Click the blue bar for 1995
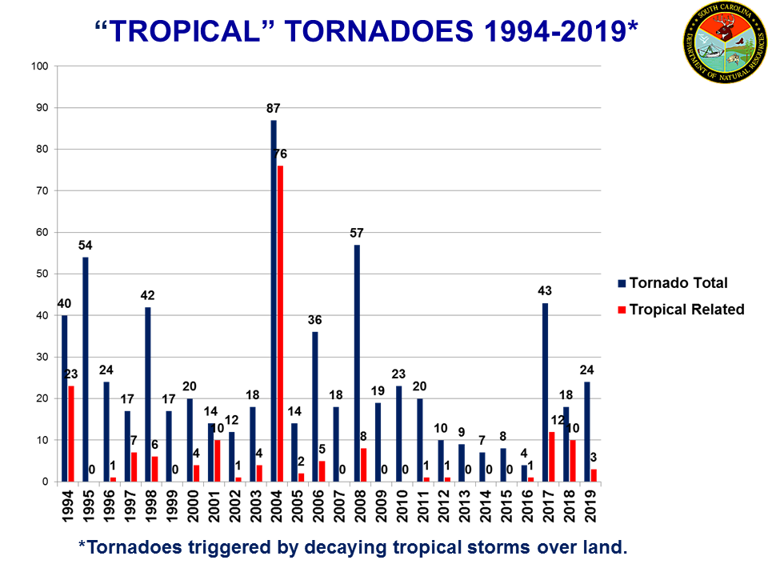click(x=86, y=369)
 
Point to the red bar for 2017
click(x=553, y=457)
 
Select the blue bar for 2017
click(x=546, y=392)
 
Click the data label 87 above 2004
click(x=274, y=108)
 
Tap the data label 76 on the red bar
click(x=280, y=154)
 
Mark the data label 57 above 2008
click(x=357, y=233)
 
